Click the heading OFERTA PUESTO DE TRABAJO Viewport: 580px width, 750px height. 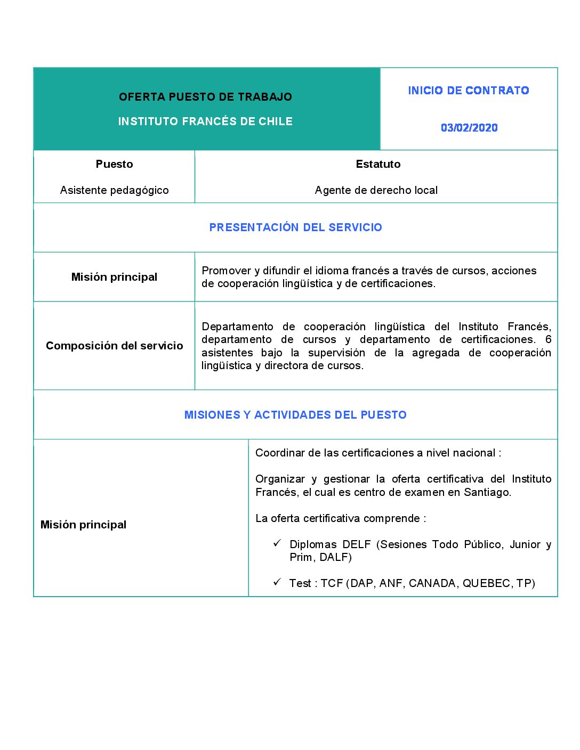click(x=205, y=97)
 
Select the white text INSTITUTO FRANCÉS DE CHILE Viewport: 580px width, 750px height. click(x=205, y=121)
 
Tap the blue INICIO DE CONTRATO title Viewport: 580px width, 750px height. click(x=469, y=91)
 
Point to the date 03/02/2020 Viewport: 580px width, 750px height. click(x=469, y=128)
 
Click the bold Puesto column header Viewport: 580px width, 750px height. click(x=114, y=164)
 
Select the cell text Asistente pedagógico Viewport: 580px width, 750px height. click(x=114, y=190)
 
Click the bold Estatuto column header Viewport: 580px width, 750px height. click(x=378, y=164)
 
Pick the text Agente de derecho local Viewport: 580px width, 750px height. click(x=376, y=190)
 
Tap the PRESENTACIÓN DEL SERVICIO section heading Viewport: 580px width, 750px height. click(x=295, y=227)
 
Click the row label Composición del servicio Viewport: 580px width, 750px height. click(x=114, y=346)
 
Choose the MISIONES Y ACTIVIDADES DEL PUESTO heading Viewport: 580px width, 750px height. click(x=295, y=415)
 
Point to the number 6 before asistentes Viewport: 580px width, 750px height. click(x=548, y=339)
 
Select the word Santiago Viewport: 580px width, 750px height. click(x=486, y=492)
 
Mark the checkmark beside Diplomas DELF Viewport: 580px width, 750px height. click(x=277, y=543)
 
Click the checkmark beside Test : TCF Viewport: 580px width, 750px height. click(x=277, y=582)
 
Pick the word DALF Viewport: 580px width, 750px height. click(x=334, y=557)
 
